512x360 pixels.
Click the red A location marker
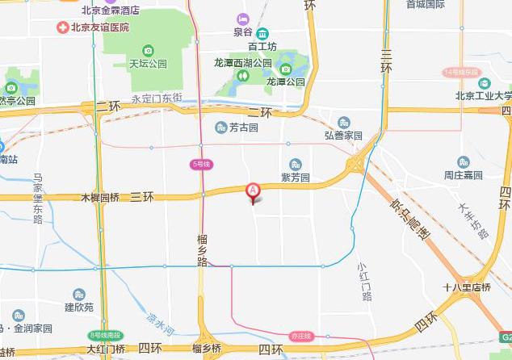(253, 190)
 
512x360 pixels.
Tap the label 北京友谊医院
(99, 27)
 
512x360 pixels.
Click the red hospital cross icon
(62, 27)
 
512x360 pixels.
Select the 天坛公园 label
(148, 63)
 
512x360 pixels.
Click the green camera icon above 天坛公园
(148, 51)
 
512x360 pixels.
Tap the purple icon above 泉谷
(243, 19)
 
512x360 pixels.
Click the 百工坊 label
(262, 47)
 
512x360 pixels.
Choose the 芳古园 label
(242, 128)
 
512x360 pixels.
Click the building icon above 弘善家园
(344, 123)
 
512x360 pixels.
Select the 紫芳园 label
(295, 177)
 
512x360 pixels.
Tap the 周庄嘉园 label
(464, 175)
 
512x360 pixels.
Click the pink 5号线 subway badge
(201, 164)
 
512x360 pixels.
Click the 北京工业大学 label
(483, 95)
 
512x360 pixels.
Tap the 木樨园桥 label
(100, 197)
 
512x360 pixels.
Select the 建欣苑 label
(79, 307)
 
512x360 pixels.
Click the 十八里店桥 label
(468, 287)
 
